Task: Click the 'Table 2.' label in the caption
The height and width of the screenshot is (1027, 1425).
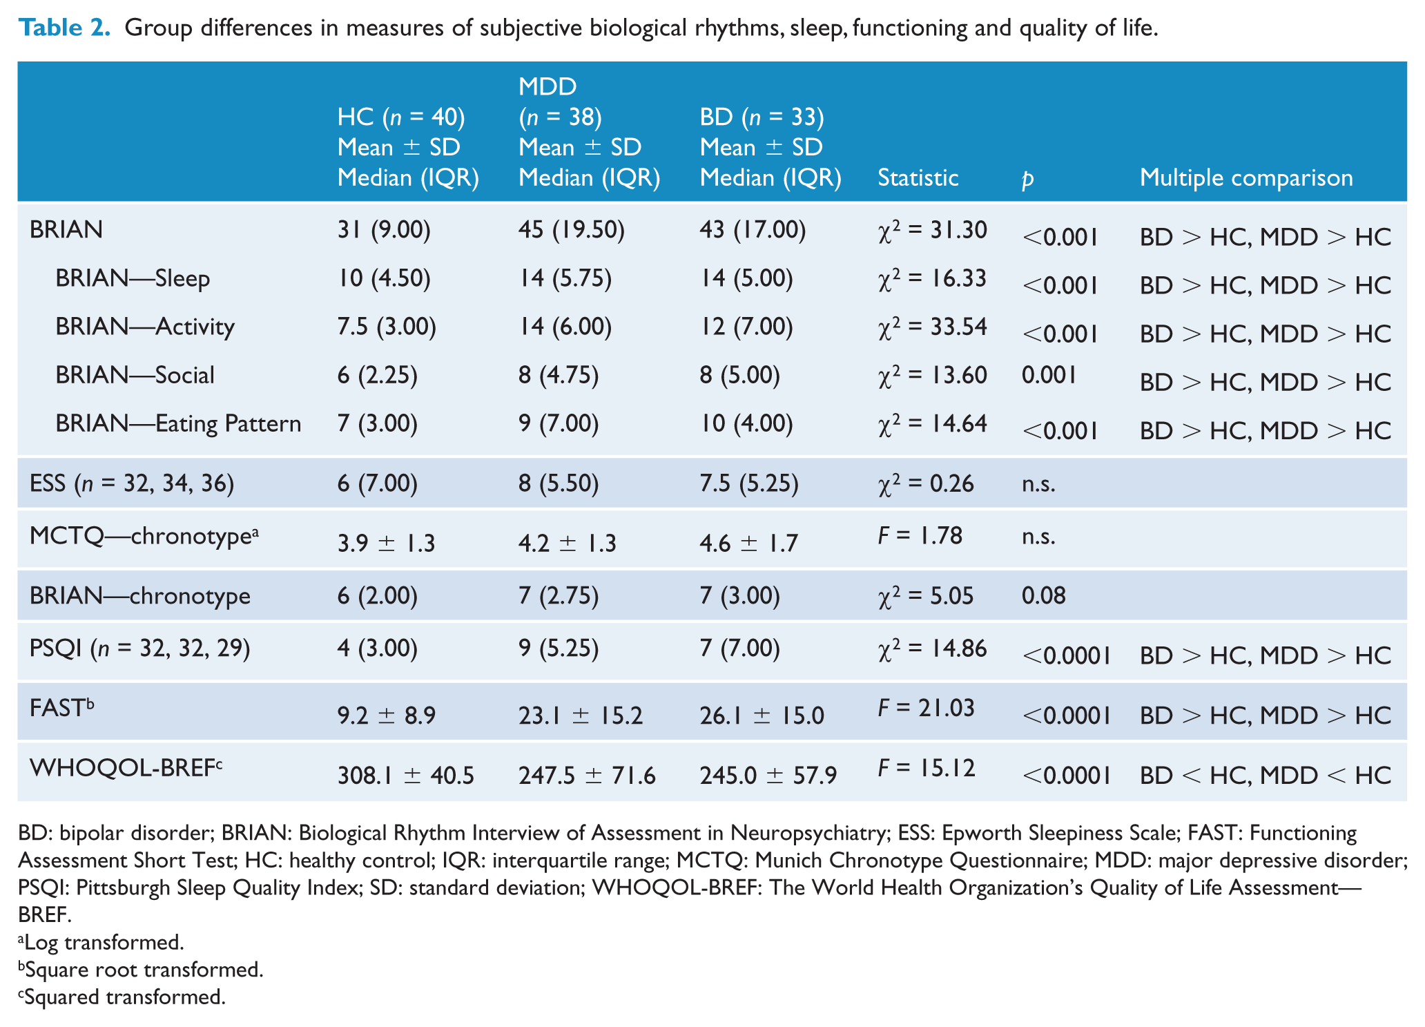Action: coord(64,28)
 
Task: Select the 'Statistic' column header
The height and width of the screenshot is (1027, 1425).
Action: coord(918,177)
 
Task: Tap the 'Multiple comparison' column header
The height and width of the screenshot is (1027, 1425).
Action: coord(1245,177)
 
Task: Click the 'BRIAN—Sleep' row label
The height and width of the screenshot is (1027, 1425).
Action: coord(133,278)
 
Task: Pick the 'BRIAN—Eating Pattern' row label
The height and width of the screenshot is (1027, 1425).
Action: coord(178,423)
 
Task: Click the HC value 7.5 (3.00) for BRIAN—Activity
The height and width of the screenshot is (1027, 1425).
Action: coord(387,327)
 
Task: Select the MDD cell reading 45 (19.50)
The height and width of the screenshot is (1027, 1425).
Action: coord(572,230)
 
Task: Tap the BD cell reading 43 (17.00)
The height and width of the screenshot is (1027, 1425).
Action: coord(753,230)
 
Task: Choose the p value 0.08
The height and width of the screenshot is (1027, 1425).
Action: coord(1043,595)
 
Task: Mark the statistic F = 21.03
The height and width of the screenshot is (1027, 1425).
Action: coord(926,708)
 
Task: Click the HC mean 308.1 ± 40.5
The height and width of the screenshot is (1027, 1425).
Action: coord(405,776)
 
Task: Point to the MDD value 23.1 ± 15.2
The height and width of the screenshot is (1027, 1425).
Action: coord(580,716)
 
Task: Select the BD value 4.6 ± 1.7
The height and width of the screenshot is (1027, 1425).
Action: coord(748,544)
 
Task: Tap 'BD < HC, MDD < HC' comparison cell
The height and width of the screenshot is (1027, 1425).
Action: coord(1265,776)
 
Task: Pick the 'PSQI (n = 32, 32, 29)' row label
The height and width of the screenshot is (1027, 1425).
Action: coord(139,649)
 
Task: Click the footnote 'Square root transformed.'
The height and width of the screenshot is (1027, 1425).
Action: coord(141,970)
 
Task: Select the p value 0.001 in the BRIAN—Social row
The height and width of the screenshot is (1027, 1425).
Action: coord(1049,375)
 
